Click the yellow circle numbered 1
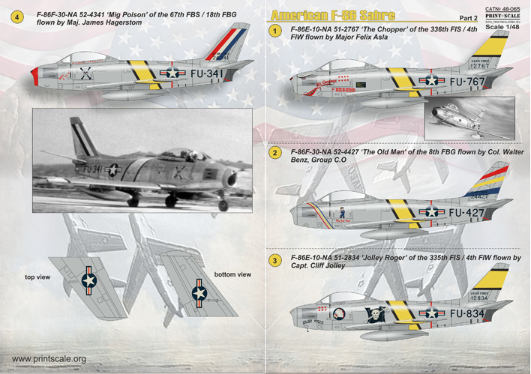(276, 31)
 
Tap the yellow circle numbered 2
(276, 154)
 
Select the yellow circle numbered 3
(276, 259)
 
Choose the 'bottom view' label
(233, 274)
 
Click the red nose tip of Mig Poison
(37, 73)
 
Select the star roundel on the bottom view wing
(199, 293)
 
